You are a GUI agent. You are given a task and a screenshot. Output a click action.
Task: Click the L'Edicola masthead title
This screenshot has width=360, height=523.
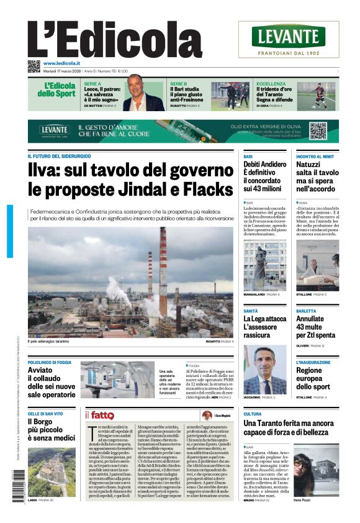(115, 39)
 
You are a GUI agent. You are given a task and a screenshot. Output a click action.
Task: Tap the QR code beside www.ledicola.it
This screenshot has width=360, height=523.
(34, 65)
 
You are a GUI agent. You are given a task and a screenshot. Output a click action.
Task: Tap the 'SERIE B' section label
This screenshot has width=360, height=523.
(179, 83)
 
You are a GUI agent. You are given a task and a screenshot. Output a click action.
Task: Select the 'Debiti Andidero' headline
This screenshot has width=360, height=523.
(265, 176)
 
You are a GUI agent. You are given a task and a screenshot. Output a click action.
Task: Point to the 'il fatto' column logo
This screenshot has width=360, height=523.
(100, 415)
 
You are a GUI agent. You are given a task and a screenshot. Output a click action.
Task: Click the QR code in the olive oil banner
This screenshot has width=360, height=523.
(318, 130)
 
